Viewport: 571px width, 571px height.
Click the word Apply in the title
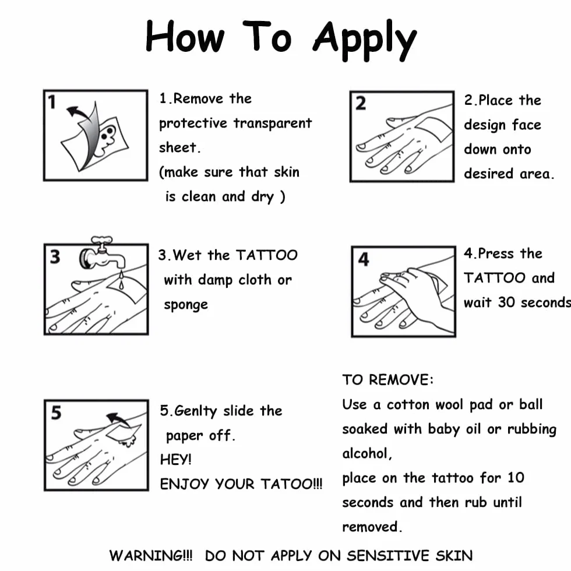[x=364, y=40]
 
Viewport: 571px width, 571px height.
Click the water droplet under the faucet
[x=121, y=281]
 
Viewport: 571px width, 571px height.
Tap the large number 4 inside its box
[x=364, y=260]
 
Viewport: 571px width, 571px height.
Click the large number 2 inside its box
[x=361, y=104]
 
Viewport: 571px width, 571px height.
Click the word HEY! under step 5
[x=175, y=460]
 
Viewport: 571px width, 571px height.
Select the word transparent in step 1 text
[x=273, y=124]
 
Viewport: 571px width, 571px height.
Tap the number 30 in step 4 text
[x=506, y=302]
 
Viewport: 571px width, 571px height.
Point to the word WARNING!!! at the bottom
[x=151, y=556]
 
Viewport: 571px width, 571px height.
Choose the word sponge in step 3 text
[x=186, y=305]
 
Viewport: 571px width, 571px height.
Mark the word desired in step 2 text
[x=489, y=174]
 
